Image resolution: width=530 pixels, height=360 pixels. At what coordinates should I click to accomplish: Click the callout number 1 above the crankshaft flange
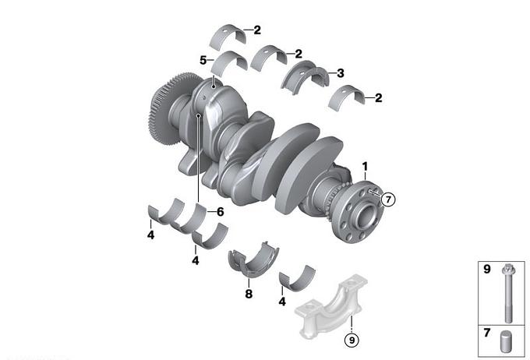(365, 167)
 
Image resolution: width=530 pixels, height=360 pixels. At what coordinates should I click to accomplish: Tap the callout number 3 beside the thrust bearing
(341, 73)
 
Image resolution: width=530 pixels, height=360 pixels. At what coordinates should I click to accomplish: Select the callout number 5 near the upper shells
(203, 61)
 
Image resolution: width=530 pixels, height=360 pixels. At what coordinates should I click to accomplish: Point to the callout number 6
(221, 212)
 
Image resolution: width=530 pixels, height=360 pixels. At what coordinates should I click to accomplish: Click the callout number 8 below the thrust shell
(249, 294)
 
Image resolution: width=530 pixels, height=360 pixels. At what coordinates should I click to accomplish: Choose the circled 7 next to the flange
(388, 199)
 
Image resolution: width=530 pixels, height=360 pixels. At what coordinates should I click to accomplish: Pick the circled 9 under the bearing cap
(352, 340)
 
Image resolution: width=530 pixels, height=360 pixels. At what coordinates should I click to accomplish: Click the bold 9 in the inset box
(486, 269)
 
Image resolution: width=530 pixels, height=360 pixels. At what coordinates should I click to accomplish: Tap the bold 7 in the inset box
(486, 333)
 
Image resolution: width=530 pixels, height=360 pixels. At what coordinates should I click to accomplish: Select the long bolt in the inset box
(508, 293)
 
